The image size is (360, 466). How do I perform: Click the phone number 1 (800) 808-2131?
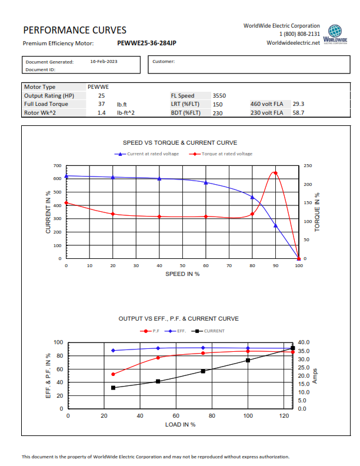pos(299,34)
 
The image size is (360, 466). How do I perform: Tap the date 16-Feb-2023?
pos(104,61)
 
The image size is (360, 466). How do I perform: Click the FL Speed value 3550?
pos(219,95)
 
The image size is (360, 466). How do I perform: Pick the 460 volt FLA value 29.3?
pos(298,104)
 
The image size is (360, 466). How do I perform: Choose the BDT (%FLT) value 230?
pos(218,113)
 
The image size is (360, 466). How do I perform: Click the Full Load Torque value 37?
pos(101,104)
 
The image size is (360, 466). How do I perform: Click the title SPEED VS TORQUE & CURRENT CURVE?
pos(180,142)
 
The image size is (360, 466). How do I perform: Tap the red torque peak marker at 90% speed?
pos(275,173)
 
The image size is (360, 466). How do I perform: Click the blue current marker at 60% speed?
pos(205,182)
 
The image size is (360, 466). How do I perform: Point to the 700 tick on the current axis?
pos(56,166)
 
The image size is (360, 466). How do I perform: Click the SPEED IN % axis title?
pos(182,274)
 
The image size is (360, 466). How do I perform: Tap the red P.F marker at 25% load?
pos(113,374)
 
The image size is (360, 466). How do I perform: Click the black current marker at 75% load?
pos(203,371)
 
